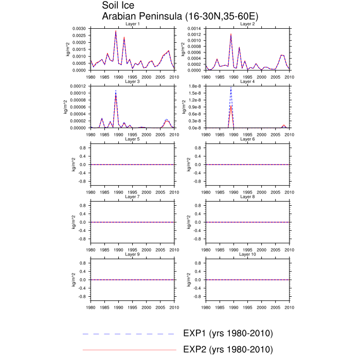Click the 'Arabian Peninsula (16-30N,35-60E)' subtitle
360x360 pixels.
(181, 16)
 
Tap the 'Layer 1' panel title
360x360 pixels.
(132, 24)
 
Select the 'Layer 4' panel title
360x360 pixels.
(247, 81)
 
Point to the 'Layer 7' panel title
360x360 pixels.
(132, 196)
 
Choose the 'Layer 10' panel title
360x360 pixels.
(247, 254)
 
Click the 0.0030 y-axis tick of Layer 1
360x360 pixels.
(79, 28)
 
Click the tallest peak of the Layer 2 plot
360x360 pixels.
(231, 33)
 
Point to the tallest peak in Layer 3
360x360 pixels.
(116, 91)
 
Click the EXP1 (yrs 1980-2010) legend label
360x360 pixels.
(228, 334)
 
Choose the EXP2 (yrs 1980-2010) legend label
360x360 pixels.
(228, 350)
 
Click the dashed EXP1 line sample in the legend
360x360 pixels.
(129, 334)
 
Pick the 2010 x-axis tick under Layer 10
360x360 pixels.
(289, 307)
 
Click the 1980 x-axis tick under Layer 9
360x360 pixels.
(91, 307)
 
